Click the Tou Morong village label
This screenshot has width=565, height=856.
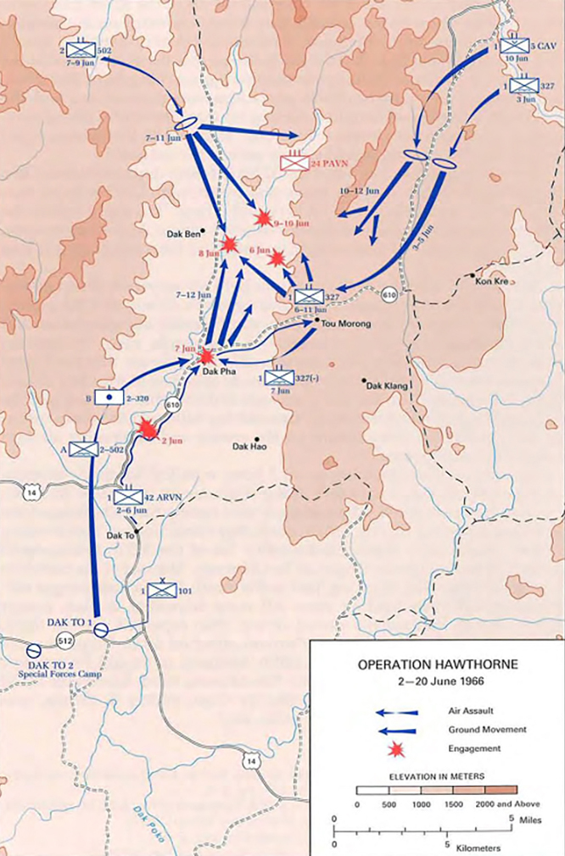pyautogui.click(x=345, y=323)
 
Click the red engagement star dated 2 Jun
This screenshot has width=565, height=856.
pyautogui.click(x=148, y=429)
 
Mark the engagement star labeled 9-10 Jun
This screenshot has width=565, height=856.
pyautogui.click(x=264, y=218)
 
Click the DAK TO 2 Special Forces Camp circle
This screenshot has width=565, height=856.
pyautogui.click(x=34, y=650)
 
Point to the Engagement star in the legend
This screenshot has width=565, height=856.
pyautogui.click(x=393, y=748)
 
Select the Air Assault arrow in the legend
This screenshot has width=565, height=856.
pyautogui.click(x=398, y=711)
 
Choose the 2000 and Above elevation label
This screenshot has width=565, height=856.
pyautogui.click(x=507, y=803)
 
